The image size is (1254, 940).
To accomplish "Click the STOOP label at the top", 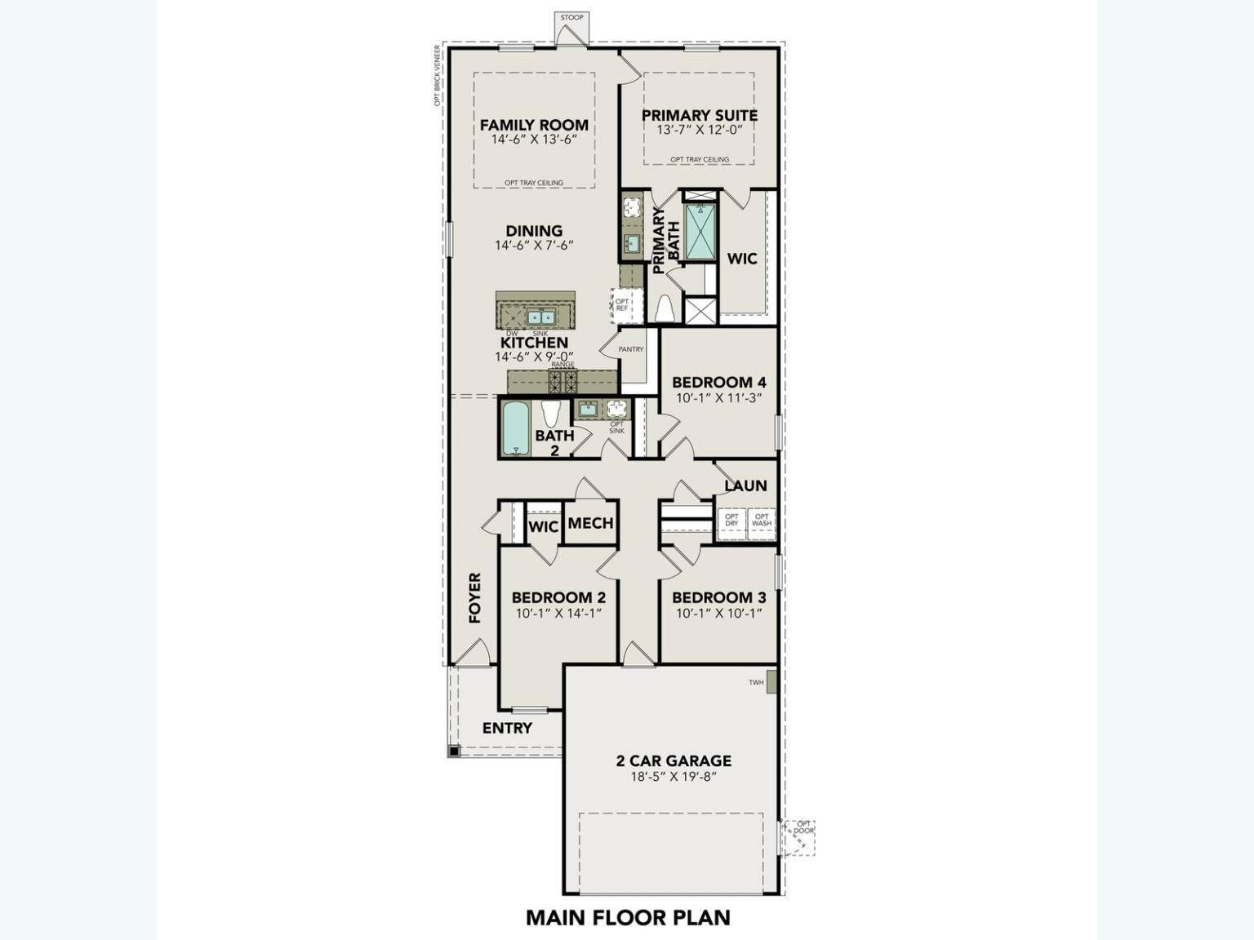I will [x=571, y=17].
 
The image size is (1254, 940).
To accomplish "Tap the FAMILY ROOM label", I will [x=534, y=125].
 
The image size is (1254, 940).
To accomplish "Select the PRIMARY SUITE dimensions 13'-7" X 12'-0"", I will [x=700, y=130].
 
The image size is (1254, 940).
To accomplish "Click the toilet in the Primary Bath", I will [x=665, y=309].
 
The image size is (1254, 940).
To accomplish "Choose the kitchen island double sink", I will [x=540, y=317].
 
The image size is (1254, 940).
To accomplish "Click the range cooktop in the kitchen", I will [x=563, y=379].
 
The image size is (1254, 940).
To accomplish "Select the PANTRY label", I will [x=631, y=349].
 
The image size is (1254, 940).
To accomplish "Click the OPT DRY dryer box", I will [x=731, y=521].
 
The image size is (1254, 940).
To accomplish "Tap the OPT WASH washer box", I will [x=761, y=521].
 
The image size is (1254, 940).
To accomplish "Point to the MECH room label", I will [x=590, y=523].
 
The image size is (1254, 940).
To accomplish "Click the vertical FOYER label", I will [x=475, y=598].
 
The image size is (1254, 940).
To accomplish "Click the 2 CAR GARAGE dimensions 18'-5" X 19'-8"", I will [x=673, y=777].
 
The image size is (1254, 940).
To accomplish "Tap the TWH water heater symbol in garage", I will [x=771, y=682].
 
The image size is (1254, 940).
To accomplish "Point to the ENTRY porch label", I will [x=507, y=728].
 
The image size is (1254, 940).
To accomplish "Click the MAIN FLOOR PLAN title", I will [x=628, y=917].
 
